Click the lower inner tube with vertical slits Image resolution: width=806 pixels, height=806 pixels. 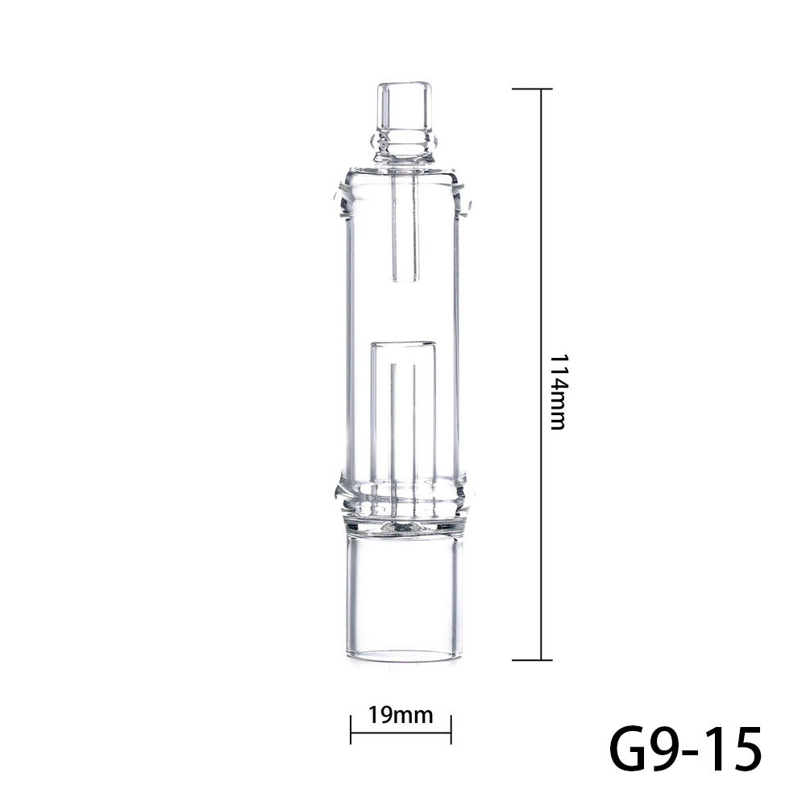coord(403,411)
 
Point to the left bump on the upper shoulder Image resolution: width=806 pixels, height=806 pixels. coord(339,197)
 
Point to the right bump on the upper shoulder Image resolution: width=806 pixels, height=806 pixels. coord(467,197)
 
